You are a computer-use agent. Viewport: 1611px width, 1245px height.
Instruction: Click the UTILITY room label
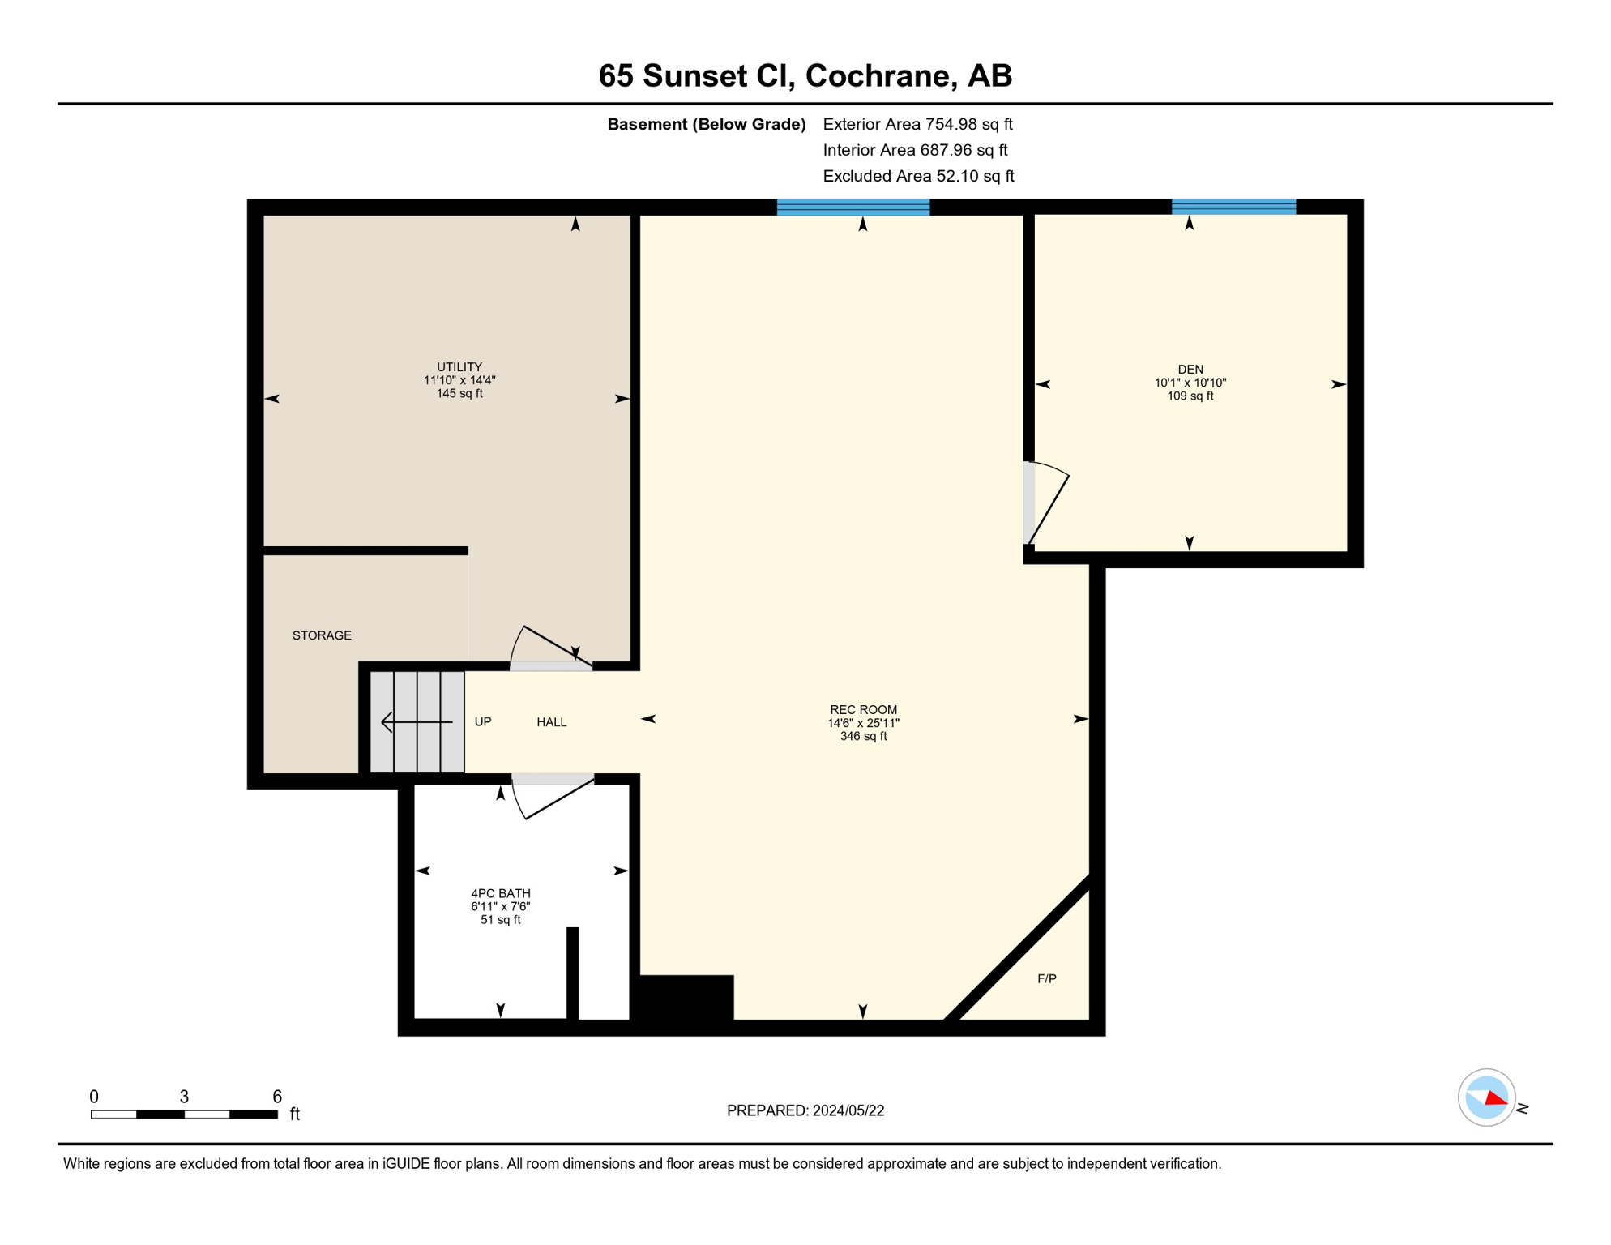click(x=459, y=367)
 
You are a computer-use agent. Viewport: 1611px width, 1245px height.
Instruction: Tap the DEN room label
click(x=1190, y=370)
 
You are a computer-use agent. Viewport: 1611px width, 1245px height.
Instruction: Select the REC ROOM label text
click(x=863, y=710)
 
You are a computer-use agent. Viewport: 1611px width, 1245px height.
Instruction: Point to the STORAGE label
click(x=322, y=635)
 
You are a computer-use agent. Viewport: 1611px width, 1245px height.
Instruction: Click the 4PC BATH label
click(x=500, y=893)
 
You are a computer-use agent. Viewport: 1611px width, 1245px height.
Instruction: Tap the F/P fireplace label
click(x=1046, y=979)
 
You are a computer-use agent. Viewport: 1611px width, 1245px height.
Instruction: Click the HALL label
click(x=551, y=722)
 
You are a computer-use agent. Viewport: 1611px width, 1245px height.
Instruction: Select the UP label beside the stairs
click(x=482, y=722)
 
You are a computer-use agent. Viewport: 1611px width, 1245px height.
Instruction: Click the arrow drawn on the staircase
click(x=416, y=721)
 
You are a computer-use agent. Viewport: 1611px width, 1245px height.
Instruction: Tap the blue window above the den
click(x=1233, y=207)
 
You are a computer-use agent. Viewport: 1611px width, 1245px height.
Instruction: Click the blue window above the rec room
click(x=853, y=207)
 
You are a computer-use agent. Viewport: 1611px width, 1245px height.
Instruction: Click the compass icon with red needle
click(x=1486, y=1097)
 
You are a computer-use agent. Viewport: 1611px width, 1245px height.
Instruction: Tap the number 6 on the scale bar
click(x=276, y=1097)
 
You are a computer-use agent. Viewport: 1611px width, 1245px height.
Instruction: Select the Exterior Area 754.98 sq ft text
click(x=917, y=124)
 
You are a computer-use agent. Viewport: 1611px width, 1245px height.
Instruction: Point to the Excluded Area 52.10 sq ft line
click(x=917, y=176)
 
